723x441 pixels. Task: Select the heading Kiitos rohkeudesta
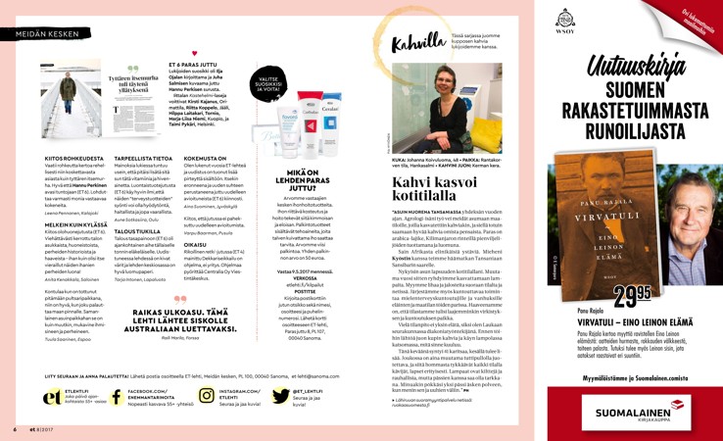(x=74, y=155)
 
